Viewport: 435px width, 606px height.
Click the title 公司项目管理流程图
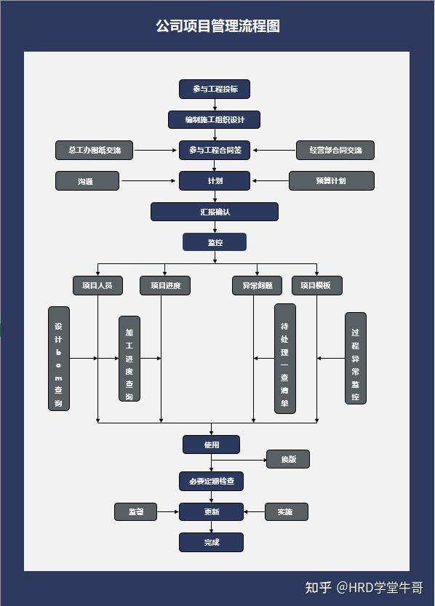[x=217, y=26]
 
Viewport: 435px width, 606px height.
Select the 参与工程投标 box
[x=215, y=89]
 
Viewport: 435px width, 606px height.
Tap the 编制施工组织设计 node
[x=214, y=119]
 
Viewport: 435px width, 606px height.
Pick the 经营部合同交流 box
[x=335, y=151]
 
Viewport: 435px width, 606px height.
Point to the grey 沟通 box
[x=87, y=181]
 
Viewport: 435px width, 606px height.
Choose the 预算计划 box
[x=331, y=181]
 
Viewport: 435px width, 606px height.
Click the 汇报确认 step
[x=215, y=212]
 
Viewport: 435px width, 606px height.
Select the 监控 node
[x=215, y=242]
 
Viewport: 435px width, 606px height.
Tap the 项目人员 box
[x=97, y=285]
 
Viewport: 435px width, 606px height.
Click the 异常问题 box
[x=253, y=285]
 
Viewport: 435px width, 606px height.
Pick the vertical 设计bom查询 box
[x=59, y=359]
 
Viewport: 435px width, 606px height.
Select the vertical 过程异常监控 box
[x=355, y=359]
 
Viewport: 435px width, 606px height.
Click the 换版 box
[x=288, y=459]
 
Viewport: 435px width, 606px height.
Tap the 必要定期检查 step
[x=212, y=481]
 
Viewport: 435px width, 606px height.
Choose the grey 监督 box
[x=135, y=511]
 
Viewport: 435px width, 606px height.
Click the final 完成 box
[x=212, y=542]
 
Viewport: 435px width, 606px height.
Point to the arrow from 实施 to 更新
[x=255, y=511]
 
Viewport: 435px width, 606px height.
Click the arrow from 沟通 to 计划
[x=149, y=181]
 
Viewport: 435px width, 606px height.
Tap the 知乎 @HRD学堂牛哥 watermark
[x=364, y=587]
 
